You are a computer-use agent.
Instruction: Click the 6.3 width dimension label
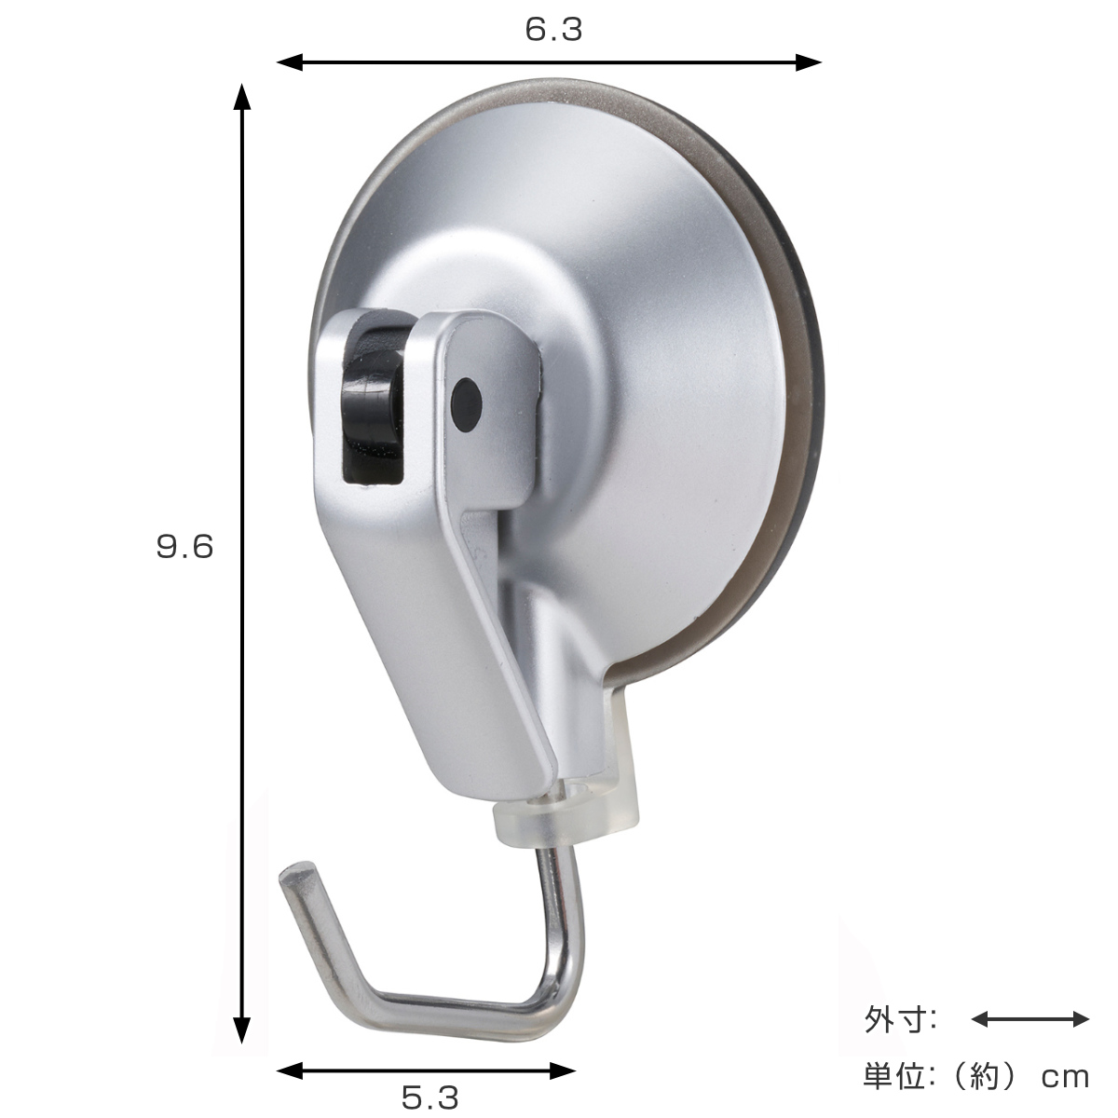pos(553,30)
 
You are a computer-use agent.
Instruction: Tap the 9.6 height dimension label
pos(185,547)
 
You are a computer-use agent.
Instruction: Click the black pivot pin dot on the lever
pos(467,405)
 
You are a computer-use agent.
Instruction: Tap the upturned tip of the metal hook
pos(297,878)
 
